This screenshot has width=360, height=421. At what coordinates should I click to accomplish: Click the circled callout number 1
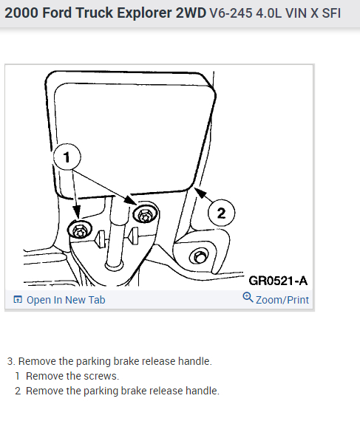(67, 157)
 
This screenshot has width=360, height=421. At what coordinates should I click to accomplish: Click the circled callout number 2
(221, 213)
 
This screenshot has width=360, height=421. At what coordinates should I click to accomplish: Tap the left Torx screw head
(80, 230)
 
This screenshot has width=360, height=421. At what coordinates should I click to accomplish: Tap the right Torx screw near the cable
(146, 214)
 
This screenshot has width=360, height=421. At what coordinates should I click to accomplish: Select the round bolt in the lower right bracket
(199, 257)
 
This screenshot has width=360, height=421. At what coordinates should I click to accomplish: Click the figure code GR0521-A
(278, 281)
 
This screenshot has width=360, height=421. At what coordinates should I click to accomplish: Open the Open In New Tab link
(66, 300)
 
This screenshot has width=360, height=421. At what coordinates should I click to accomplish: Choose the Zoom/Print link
(282, 300)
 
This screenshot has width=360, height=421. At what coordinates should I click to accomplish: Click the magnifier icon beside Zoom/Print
(248, 297)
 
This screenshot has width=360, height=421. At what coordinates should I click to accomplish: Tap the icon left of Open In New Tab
(18, 299)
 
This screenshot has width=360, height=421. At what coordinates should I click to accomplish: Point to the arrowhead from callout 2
(200, 192)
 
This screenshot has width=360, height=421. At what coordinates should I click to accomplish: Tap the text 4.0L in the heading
(268, 13)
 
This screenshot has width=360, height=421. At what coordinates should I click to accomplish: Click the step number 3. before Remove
(11, 361)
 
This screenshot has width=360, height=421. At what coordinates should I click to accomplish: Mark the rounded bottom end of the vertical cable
(114, 266)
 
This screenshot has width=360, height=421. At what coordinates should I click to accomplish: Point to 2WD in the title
(191, 13)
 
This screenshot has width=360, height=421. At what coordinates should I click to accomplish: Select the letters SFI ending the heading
(331, 13)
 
